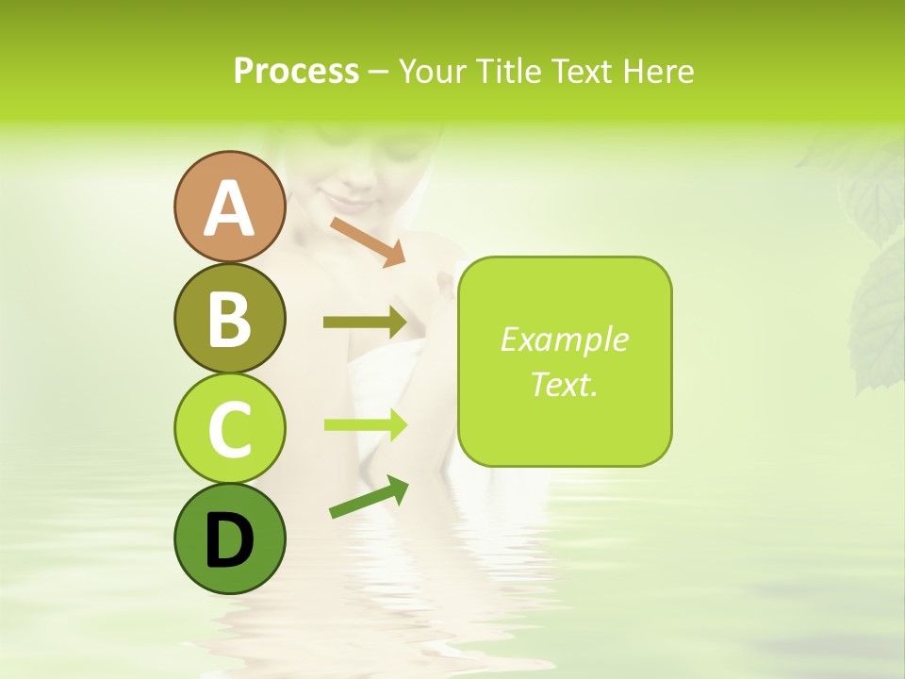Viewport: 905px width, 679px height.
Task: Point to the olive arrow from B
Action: tap(365, 323)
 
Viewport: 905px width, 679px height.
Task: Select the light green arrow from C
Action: tap(365, 424)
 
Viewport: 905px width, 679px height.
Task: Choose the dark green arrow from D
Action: tap(369, 496)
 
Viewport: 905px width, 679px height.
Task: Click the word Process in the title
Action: tap(296, 71)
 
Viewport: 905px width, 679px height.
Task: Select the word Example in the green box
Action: tap(564, 339)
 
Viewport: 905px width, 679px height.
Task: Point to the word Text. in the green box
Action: tap(564, 384)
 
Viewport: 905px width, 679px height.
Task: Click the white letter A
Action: tap(229, 208)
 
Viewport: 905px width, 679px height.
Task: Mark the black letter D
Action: tap(229, 540)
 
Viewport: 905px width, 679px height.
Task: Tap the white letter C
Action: tap(229, 429)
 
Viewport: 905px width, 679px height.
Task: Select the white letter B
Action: tap(229, 319)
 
